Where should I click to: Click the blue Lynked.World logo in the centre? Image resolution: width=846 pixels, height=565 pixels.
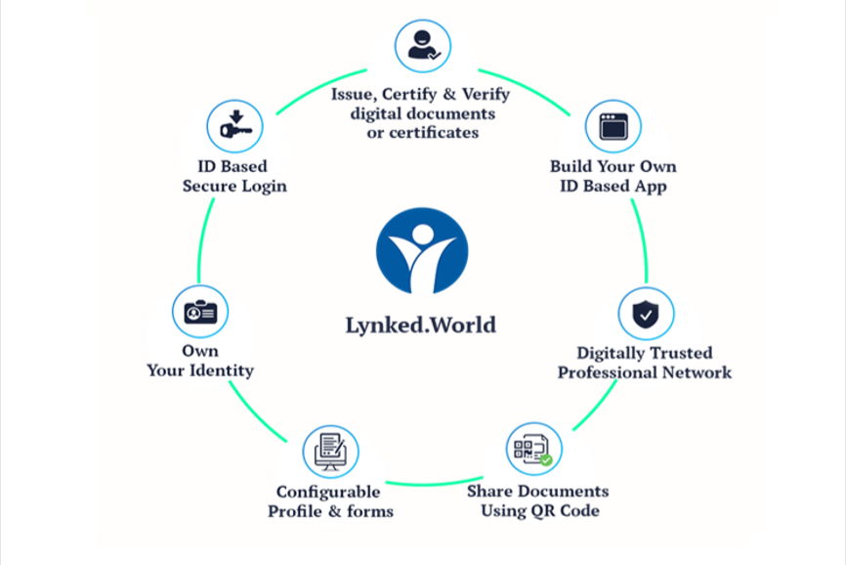[x=422, y=251]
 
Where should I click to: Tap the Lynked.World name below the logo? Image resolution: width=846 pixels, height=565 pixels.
[x=421, y=326]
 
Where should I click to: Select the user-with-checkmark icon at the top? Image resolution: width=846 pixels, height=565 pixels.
[x=423, y=46]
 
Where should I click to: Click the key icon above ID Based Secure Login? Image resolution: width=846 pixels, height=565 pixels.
[x=234, y=126]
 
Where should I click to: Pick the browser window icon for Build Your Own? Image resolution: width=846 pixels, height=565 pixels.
[x=613, y=127]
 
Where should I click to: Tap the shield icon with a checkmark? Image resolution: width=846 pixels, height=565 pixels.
[x=646, y=314]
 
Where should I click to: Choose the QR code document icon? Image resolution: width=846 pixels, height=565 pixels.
[x=534, y=449]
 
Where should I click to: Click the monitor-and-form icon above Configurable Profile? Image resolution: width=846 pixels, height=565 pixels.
[x=331, y=452]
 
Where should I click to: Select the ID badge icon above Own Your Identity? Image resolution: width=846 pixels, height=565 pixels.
[x=200, y=312]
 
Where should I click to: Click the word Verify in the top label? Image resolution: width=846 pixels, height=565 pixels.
[x=486, y=95]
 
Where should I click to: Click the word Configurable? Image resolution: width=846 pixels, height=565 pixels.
[x=328, y=492]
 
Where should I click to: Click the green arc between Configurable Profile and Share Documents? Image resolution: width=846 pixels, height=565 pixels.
[x=435, y=483]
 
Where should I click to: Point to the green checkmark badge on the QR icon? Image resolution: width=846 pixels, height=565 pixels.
[x=546, y=460]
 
